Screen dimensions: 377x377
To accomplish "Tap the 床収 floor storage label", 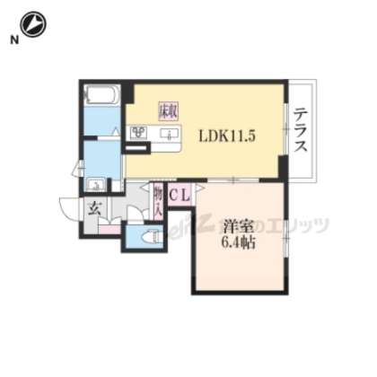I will click(x=168, y=111).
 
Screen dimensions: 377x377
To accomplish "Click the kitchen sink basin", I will click(x=168, y=135).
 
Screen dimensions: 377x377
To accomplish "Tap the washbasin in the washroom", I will click(x=96, y=186).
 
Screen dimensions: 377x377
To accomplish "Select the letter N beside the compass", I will click(x=12, y=39).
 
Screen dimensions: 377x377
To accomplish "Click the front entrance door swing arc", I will click(x=70, y=214).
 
